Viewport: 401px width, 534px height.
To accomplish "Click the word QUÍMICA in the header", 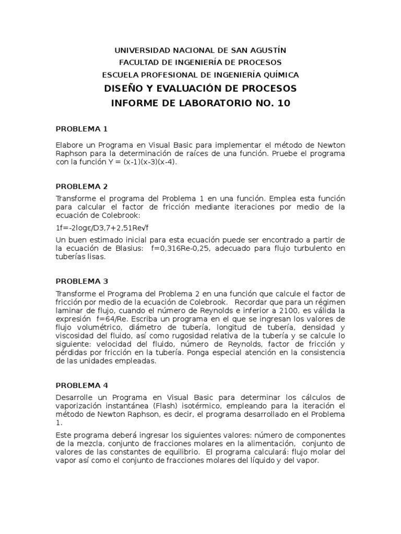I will coord(278,75).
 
